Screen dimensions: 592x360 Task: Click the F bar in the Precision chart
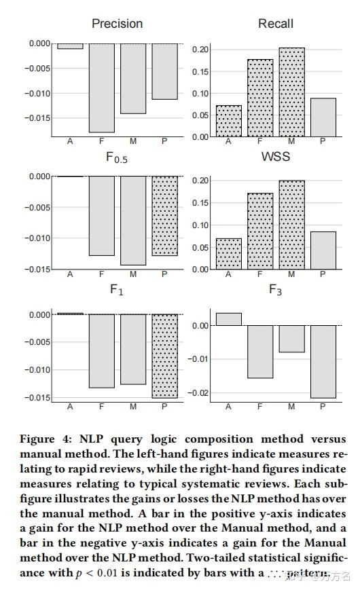pyautogui.click(x=101, y=88)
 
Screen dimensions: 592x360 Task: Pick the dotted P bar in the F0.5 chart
pyautogui.click(x=165, y=215)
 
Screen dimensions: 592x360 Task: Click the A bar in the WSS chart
pyautogui.click(x=228, y=253)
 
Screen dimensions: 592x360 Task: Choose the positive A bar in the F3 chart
pyautogui.click(x=228, y=319)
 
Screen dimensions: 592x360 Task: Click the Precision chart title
pyautogui.click(x=117, y=24)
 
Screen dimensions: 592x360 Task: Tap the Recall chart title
pyautogui.click(x=275, y=24)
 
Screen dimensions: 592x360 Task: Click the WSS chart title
pyautogui.click(x=275, y=157)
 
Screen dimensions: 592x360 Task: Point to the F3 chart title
pyautogui.click(x=275, y=290)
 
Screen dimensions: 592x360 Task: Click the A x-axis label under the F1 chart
pyautogui.click(x=70, y=407)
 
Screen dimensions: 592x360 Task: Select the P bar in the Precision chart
pyautogui.click(x=165, y=71)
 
